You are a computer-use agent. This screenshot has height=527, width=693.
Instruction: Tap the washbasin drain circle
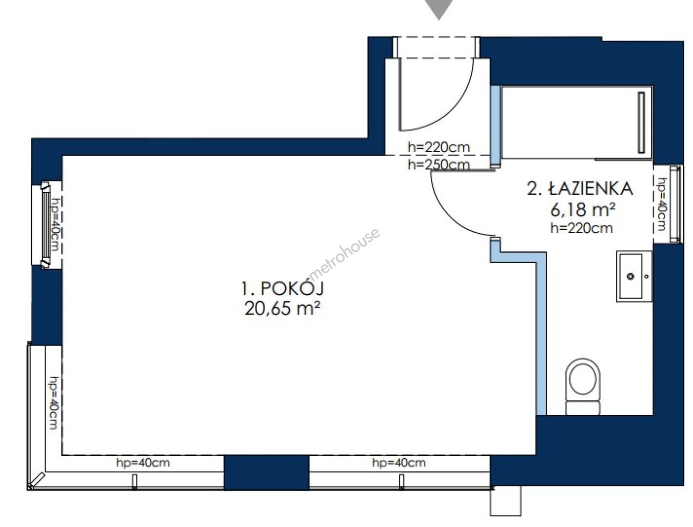[x=630, y=276]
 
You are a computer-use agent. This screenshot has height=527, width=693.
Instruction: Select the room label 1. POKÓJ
[x=282, y=288]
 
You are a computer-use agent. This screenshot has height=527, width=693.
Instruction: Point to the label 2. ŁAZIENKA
[x=580, y=188]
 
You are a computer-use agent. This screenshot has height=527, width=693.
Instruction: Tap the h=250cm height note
[x=438, y=165]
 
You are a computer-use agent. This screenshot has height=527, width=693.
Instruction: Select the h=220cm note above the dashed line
[x=438, y=147]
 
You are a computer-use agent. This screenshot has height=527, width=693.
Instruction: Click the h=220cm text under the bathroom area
[x=581, y=228]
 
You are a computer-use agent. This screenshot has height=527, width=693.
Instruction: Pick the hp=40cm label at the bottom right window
[x=399, y=463]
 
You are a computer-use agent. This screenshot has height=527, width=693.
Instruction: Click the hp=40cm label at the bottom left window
[x=143, y=463]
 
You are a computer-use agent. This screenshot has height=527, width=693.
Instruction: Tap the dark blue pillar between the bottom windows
[x=266, y=472]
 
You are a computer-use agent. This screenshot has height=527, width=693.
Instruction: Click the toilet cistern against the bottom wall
[x=582, y=408]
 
